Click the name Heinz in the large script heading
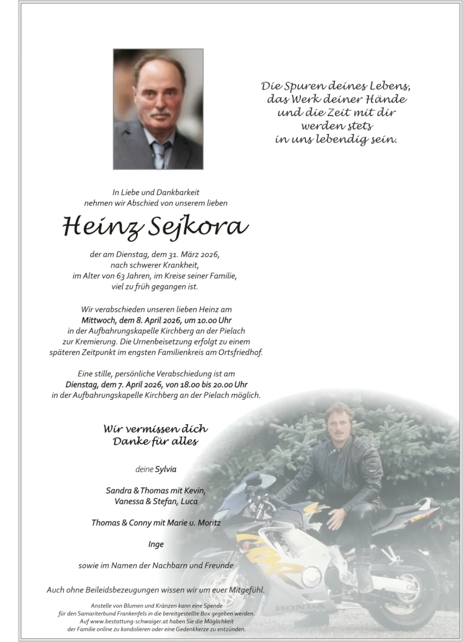[95, 226]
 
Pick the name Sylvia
[166, 469]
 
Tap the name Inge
[156, 544]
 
